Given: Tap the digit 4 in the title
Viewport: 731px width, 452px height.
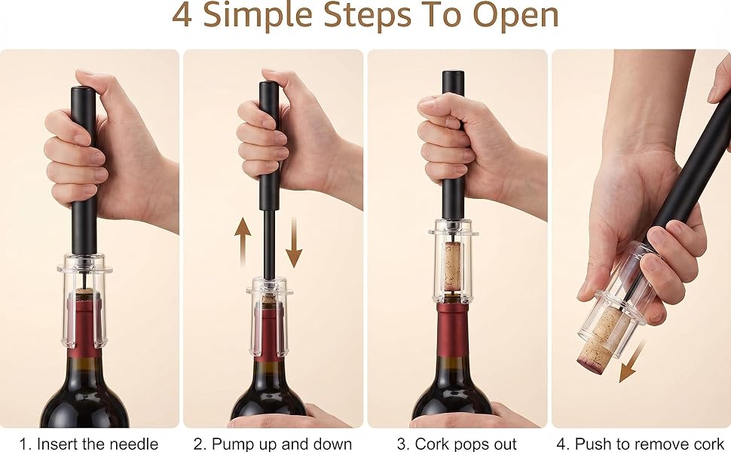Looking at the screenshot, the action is click(x=182, y=15).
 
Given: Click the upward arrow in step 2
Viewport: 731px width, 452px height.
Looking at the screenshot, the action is click(x=243, y=242).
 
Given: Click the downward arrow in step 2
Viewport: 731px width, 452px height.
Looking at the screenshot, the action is click(x=294, y=242).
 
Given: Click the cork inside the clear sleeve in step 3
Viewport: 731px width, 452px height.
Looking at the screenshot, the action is click(x=451, y=266).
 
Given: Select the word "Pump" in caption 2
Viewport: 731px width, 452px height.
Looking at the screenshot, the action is click(x=231, y=444).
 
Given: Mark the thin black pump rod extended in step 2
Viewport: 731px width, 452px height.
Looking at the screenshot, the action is click(x=269, y=244).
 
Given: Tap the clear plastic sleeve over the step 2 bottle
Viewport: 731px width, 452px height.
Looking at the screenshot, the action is click(x=269, y=317).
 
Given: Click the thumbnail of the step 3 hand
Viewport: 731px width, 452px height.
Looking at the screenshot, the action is click(x=425, y=103).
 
